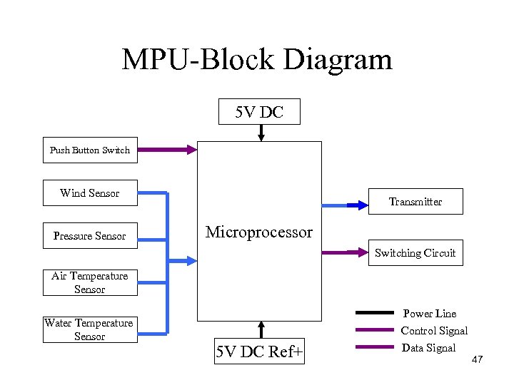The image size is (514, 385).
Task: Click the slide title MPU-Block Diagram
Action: tap(257, 59)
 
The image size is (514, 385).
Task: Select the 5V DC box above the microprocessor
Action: tap(259, 111)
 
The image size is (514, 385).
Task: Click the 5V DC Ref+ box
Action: tap(259, 351)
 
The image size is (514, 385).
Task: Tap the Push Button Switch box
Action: tap(90, 150)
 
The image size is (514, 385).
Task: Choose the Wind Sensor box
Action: tap(90, 193)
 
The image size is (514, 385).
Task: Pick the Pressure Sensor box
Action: tap(90, 236)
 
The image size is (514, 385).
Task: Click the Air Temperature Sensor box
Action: tap(90, 282)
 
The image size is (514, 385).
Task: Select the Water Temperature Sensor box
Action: tap(90, 329)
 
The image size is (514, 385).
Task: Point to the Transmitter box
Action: tap(415, 202)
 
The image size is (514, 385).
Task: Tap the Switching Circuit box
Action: tap(415, 253)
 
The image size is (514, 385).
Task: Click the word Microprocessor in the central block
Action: tap(259, 232)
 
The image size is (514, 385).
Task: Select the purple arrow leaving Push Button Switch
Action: tap(166, 150)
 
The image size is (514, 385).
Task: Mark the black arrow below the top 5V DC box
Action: tap(261, 133)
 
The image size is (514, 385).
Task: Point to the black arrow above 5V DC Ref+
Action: tap(261, 329)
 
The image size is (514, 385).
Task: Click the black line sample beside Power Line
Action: tap(375, 312)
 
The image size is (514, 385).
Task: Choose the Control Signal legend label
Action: tap(434, 331)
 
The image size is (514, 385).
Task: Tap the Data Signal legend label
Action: tap(428, 348)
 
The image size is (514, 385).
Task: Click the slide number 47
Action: tap(477, 359)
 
